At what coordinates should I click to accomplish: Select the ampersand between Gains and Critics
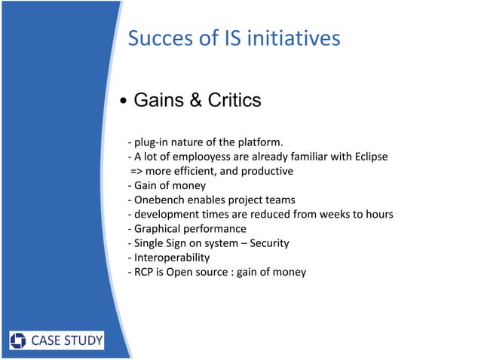pyautogui.click(x=195, y=100)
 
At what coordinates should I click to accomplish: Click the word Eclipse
pyautogui.click(x=369, y=157)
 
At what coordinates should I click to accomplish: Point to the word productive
pyautogui.click(x=268, y=171)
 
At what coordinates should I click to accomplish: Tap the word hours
pyautogui.click(x=377, y=215)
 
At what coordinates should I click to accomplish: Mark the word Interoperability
pyautogui.click(x=172, y=257)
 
